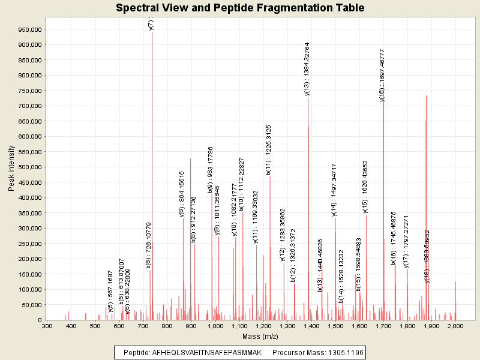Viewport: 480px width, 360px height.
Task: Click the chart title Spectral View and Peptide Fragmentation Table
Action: (240, 8)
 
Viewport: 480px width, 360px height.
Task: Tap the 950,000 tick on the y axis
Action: (28, 29)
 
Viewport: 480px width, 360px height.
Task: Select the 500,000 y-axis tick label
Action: (28, 167)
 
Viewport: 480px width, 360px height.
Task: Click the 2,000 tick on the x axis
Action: (455, 326)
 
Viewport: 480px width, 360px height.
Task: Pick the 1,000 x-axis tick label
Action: (215, 326)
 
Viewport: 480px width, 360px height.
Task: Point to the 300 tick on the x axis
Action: (47, 326)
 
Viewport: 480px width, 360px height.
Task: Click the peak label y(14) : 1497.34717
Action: (334, 189)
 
